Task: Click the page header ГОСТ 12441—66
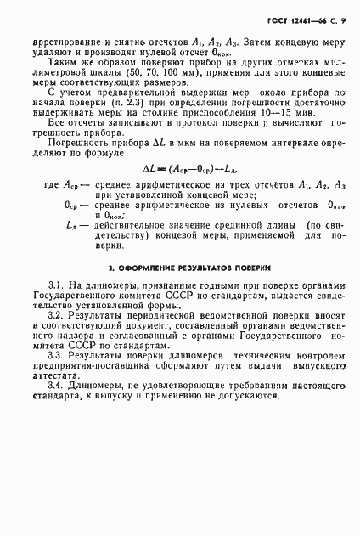coord(295,19)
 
